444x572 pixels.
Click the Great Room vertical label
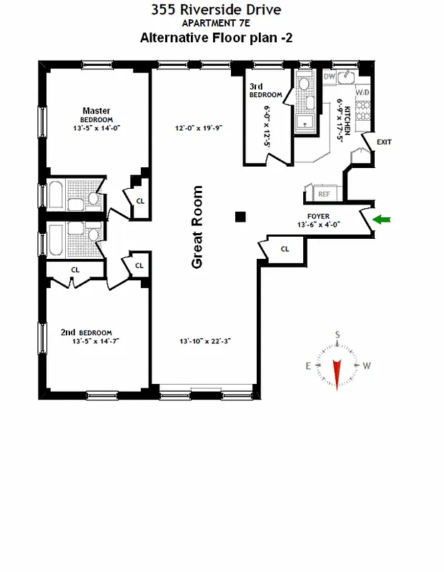197,227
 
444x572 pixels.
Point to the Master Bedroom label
96,114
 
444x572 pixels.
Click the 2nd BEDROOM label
87,332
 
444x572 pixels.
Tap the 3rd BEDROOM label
258,91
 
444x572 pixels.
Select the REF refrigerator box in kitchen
323,194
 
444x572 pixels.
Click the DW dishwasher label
330,77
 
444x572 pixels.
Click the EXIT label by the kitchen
384,142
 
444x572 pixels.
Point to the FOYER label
317,215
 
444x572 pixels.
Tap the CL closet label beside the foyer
285,248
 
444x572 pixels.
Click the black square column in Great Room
241,217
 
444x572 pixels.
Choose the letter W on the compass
367,366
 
